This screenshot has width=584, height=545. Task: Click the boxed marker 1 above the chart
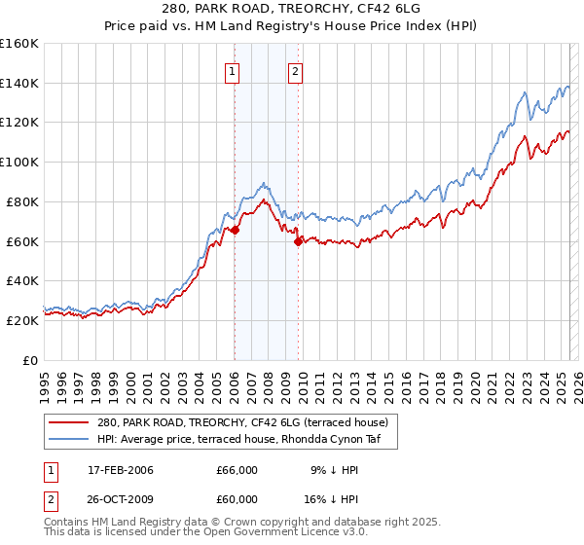[x=234, y=70]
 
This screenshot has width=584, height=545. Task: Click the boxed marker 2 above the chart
[x=295, y=70]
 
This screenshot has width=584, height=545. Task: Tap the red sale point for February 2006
[x=234, y=230]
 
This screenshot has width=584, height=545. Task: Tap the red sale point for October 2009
[x=298, y=242]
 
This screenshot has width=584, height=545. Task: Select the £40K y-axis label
[x=22, y=281]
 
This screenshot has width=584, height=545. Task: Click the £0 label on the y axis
[x=31, y=360]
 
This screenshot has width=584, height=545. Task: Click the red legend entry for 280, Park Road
[x=242, y=422]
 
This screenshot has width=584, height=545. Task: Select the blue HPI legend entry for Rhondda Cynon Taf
[x=242, y=440]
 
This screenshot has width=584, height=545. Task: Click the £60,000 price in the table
[x=237, y=497]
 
